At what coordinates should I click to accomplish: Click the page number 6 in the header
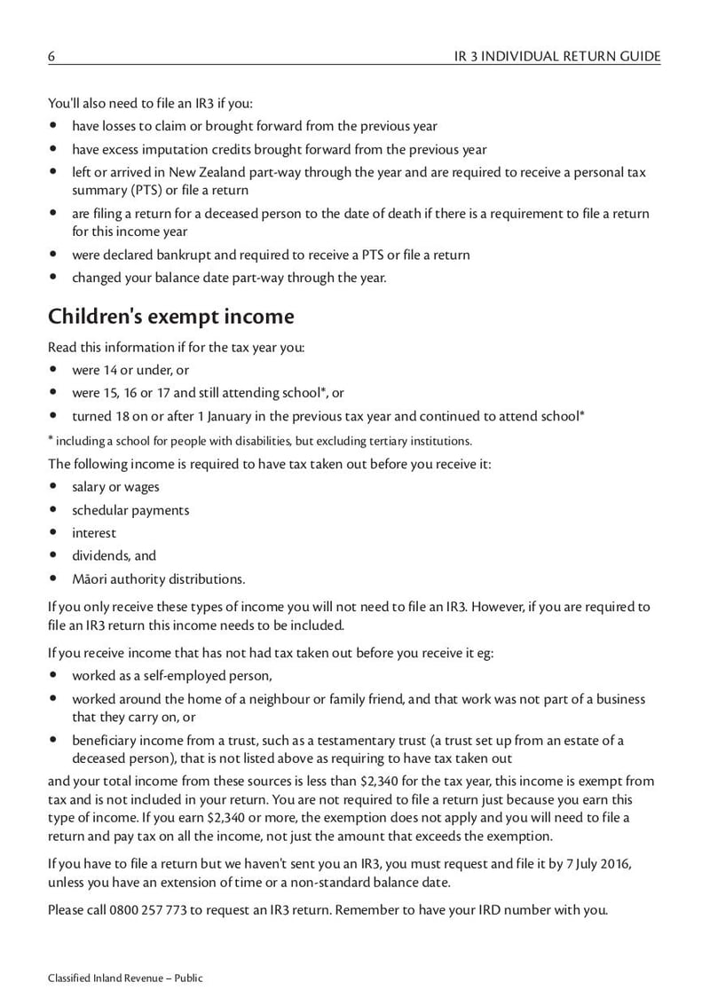[51, 56]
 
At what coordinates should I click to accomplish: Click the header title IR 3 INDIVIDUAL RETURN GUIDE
[556, 56]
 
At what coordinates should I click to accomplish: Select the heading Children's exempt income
[170, 316]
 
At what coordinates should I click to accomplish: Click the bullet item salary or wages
[115, 486]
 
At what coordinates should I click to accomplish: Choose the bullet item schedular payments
[130, 510]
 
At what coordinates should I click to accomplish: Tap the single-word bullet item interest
[94, 533]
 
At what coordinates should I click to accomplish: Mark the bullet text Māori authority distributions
[158, 579]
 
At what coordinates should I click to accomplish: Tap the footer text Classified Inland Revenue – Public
[125, 978]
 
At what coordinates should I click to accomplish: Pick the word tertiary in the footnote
[379, 441]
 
